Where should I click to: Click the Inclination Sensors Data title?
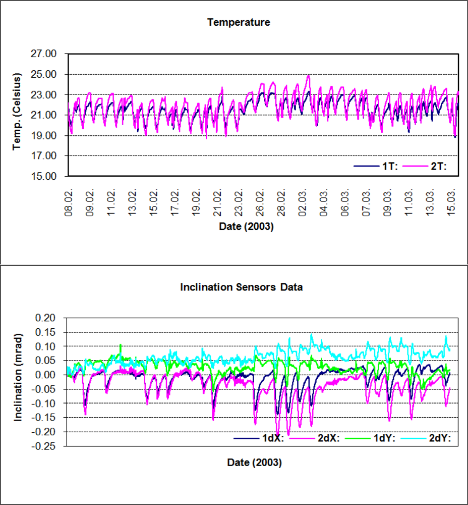242,287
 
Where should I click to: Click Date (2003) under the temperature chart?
246,227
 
